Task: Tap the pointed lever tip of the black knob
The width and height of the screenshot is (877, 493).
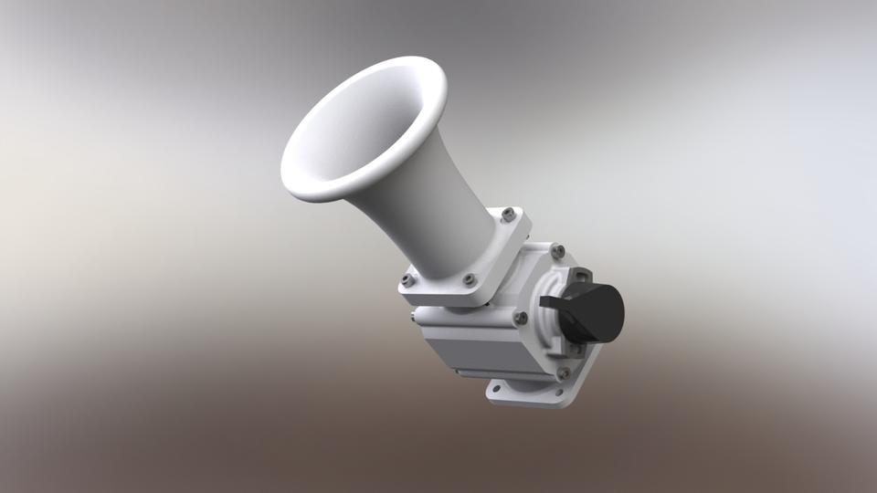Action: click(x=545, y=301)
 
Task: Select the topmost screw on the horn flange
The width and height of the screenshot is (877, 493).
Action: click(x=508, y=214)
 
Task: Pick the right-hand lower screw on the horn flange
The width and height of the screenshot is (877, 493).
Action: click(x=469, y=279)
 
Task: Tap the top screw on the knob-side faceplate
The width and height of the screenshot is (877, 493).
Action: click(x=558, y=250)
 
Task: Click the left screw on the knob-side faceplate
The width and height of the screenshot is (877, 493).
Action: click(x=520, y=318)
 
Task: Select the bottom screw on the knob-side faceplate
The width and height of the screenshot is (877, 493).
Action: click(x=563, y=372)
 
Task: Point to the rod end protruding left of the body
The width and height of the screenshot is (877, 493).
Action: click(x=415, y=318)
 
